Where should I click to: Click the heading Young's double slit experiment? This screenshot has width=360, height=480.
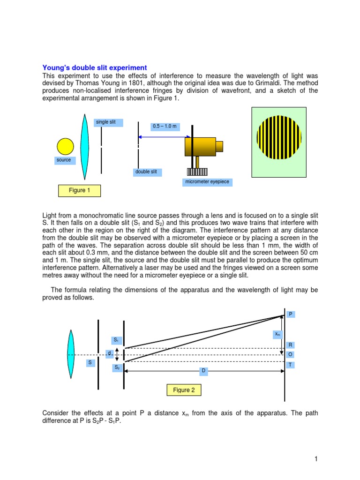pos(95,67)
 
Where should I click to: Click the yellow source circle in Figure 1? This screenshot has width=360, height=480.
pos(65,146)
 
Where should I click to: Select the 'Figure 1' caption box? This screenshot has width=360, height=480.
pos(80,190)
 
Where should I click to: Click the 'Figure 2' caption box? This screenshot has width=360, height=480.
pos(184,390)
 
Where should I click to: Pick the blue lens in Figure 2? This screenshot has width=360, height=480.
pos(71,354)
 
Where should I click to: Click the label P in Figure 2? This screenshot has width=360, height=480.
pos(291,314)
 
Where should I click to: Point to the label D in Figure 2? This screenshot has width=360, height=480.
pos(203,371)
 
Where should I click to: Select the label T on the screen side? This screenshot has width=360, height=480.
pos(291,365)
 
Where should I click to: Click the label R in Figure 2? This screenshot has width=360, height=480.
pos(291,345)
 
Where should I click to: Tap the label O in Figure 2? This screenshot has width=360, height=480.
pos(291,355)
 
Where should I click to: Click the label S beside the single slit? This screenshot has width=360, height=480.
pos(90,363)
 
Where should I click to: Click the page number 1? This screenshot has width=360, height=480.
pos(317,459)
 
